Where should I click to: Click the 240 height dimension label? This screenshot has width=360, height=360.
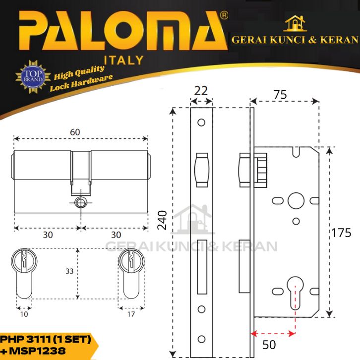(x=162, y=220)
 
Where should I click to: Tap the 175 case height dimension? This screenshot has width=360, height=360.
(x=341, y=233)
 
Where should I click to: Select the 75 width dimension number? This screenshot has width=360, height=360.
(x=280, y=95)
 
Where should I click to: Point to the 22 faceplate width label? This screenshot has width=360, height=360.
(x=201, y=91)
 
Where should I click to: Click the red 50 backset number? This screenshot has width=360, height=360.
(x=269, y=345)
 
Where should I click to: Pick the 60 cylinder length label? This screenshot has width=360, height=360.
(x=75, y=132)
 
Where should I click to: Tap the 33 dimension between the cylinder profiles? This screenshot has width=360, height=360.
(x=69, y=271)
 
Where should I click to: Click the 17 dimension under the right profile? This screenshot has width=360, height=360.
(x=131, y=314)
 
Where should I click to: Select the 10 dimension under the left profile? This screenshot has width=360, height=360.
(x=24, y=314)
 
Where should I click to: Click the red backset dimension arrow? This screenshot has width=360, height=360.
(x=273, y=333)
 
